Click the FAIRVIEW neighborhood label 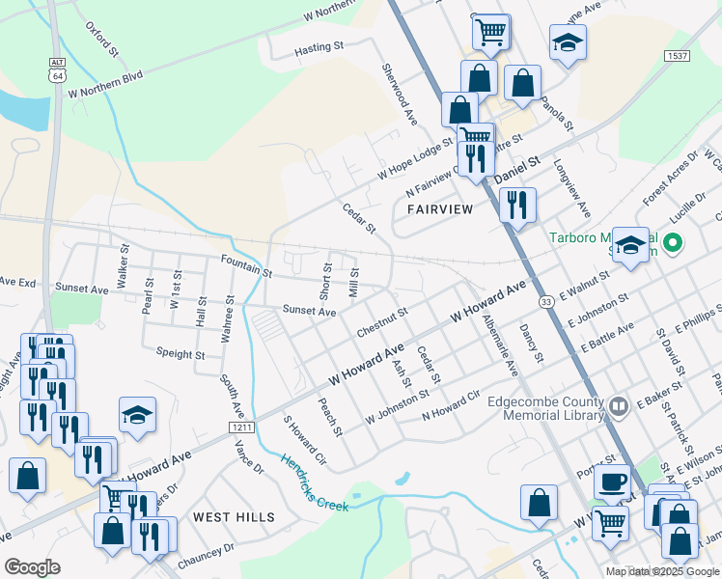[x=440, y=208]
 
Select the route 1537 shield [x=676, y=57]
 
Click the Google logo [x=32, y=567]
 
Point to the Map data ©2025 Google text [x=661, y=571]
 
